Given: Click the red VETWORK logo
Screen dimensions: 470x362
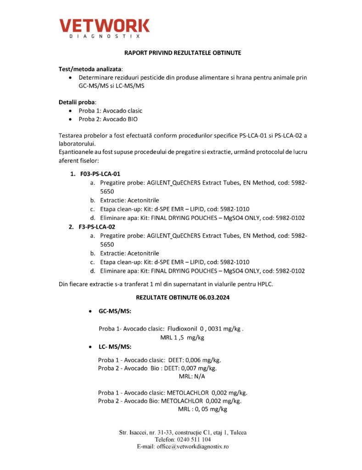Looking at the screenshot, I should point(104,25).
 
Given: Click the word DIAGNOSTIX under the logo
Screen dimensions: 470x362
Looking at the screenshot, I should point(104,36).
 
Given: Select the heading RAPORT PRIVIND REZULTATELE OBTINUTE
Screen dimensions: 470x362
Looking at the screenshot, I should point(183,53).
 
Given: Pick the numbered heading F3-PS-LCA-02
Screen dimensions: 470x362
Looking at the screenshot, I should point(97,227).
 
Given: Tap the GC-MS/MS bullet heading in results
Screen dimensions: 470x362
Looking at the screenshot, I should point(115,311).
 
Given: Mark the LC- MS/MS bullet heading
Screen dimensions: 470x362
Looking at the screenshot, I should point(115,347).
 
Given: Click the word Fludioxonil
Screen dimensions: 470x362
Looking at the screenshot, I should point(182,329).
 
